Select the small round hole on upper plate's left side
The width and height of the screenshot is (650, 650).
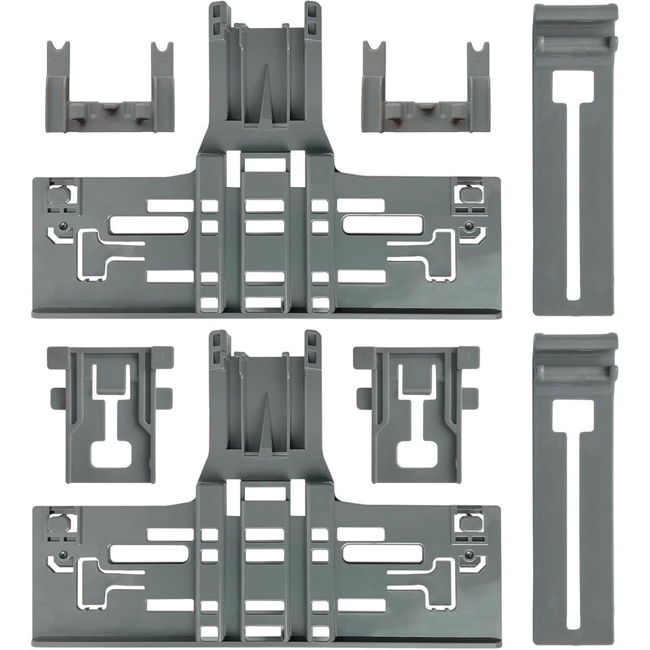tap(62, 226)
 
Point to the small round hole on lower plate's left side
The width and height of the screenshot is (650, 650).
tap(62, 554)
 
